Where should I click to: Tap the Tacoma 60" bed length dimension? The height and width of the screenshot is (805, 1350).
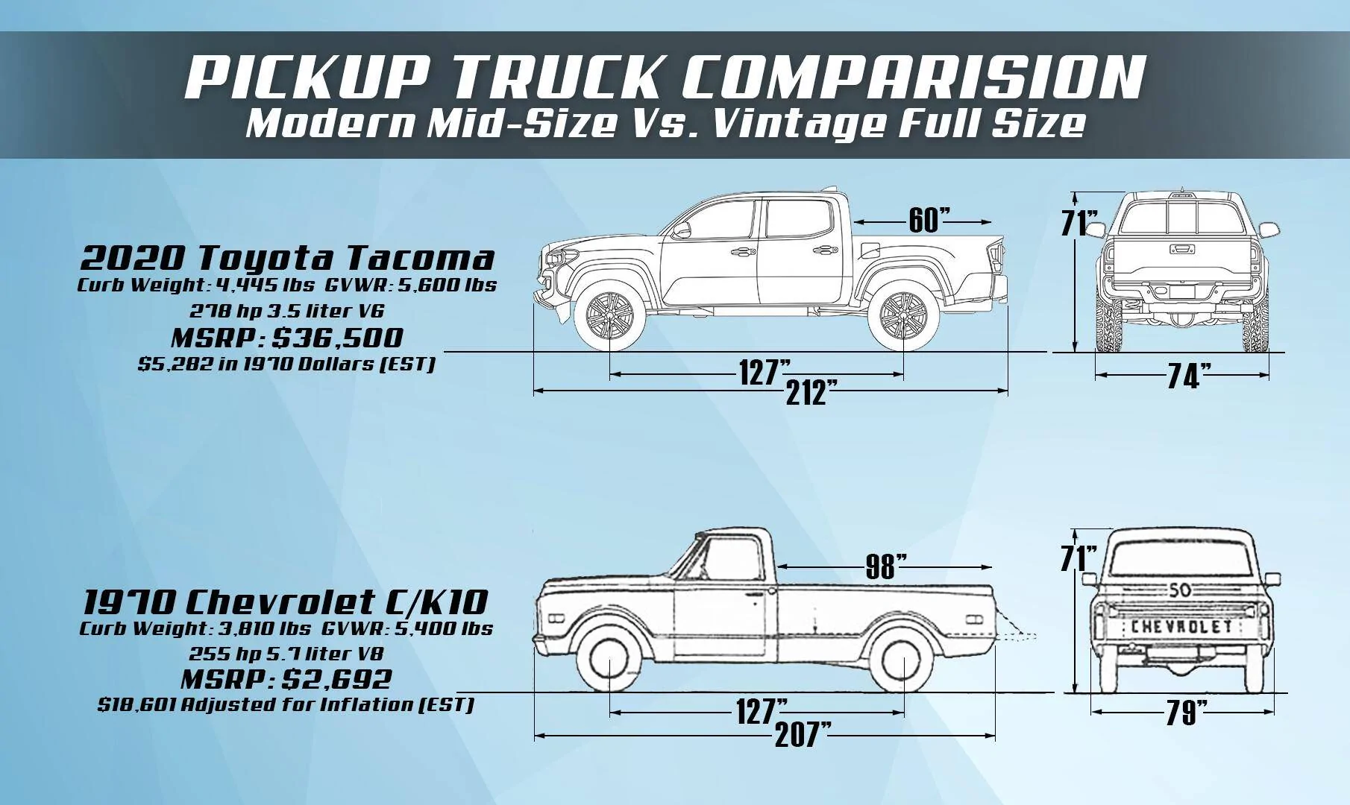(x=929, y=221)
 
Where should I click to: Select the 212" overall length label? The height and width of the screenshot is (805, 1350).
(x=806, y=392)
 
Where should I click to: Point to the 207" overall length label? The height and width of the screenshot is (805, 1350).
(x=803, y=736)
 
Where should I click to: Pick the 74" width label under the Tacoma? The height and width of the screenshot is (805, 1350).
(x=1184, y=376)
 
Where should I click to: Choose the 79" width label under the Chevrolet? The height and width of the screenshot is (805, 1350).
(x=1184, y=714)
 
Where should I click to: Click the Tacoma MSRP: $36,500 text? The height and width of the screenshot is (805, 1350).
(x=287, y=338)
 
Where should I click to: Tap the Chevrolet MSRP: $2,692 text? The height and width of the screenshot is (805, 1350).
(x=286, y=679)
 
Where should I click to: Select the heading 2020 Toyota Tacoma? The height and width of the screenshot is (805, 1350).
(x=287, y=259)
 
